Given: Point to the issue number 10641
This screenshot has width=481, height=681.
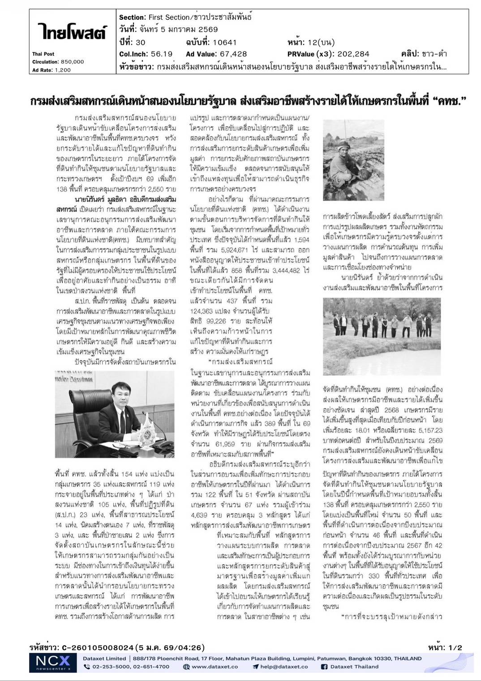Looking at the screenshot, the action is tap(224, 43).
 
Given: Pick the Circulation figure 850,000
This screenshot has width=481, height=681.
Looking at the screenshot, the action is tap(72, 62).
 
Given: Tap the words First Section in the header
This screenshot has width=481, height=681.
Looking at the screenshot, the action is tap(169, 17).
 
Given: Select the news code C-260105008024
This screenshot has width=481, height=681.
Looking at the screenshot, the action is tap(97, 647).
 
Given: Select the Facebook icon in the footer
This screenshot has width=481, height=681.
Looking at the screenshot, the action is tap(324, 667).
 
